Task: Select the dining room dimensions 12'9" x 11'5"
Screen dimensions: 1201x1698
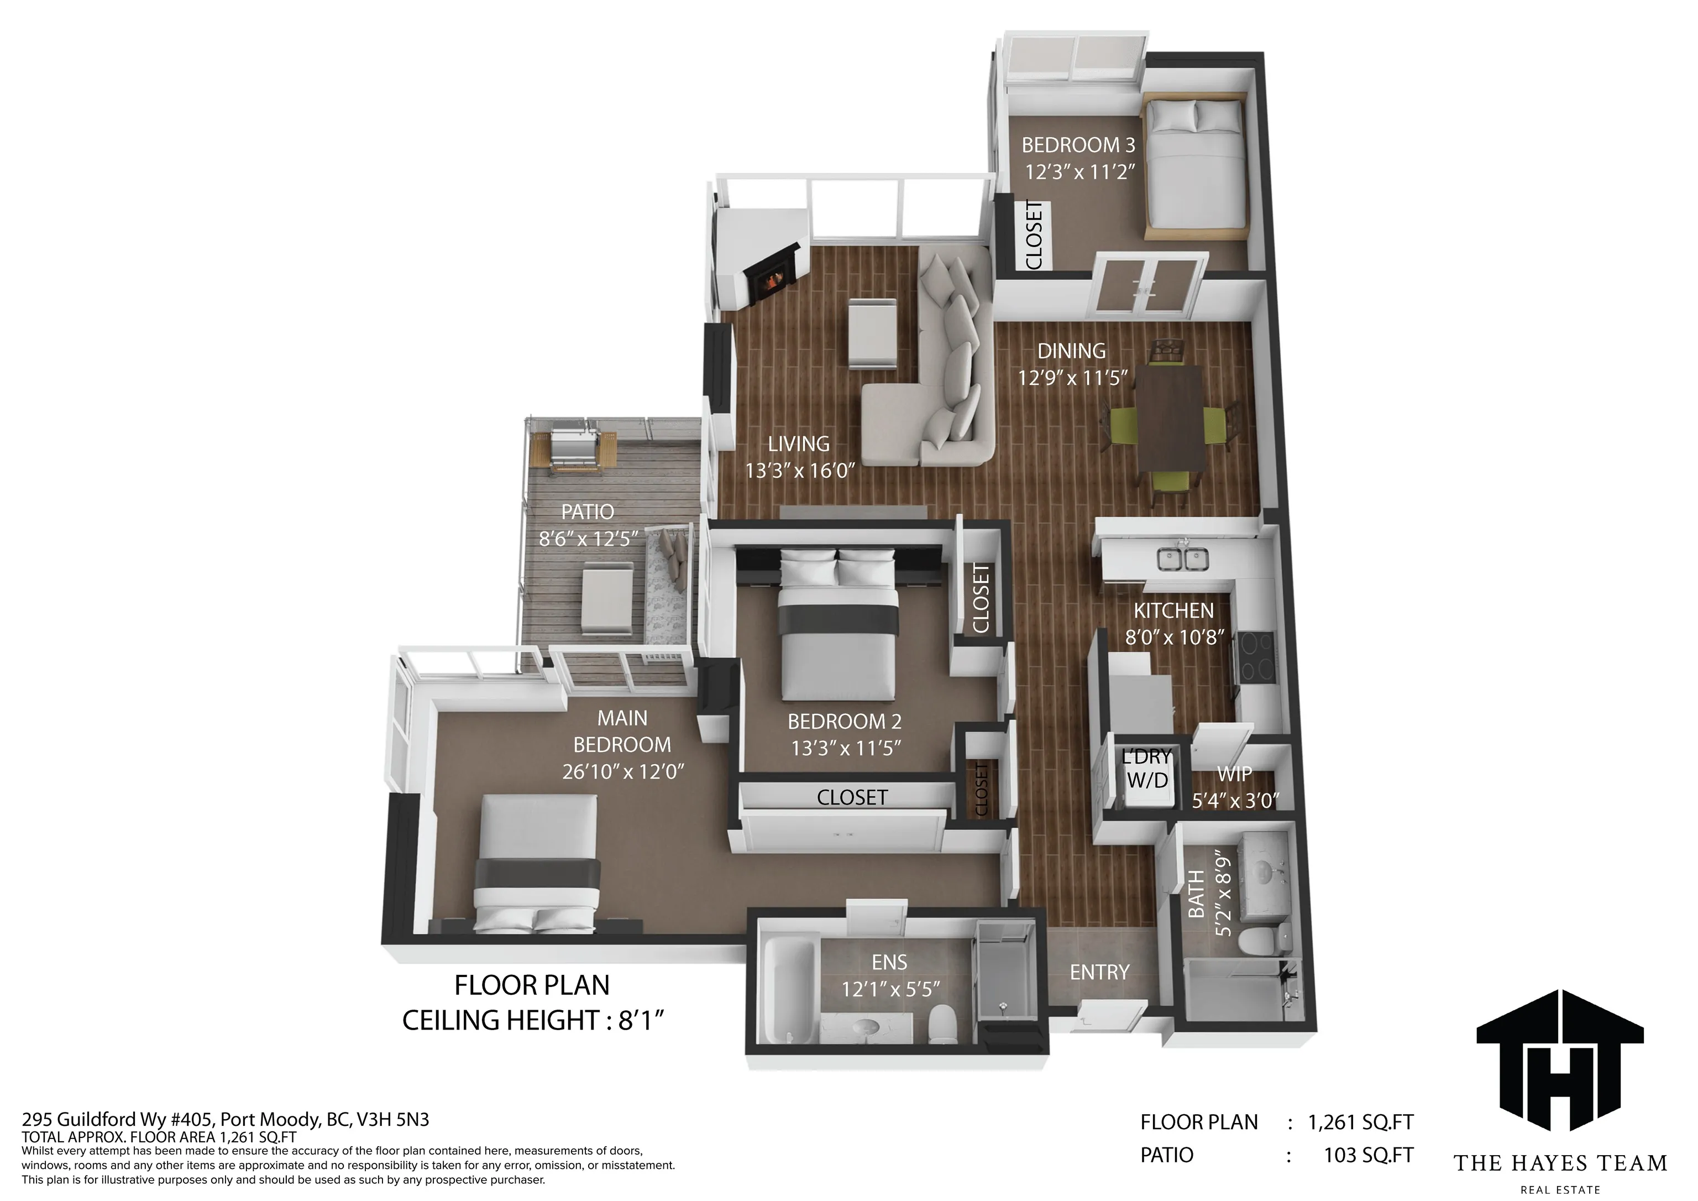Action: (x=1072, y=378)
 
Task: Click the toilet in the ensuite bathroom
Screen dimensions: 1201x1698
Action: (x=943, y=1022)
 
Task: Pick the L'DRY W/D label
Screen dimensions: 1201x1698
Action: (x=1147, y=769)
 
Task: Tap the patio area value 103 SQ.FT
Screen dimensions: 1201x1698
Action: (x=1367, y=1155)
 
